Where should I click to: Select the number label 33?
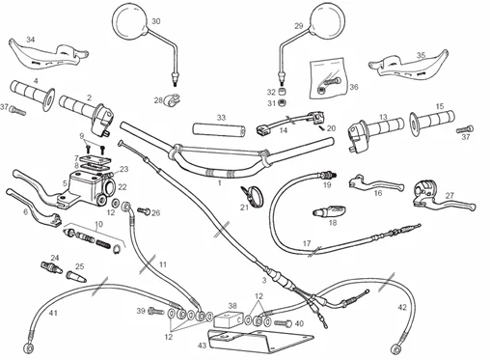coord(221,118)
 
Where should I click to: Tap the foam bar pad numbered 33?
coord(219,129)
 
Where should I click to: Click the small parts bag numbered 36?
coord(328,79)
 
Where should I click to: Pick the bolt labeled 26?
coord(144,210)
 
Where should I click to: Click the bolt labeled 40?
coord(284,322)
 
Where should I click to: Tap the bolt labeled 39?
coord(155,311)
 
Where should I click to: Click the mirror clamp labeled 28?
coord(171,99)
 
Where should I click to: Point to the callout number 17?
coord(307,244)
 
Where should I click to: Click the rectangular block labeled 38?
coord(229,319)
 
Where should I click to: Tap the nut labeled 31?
coord(282,103)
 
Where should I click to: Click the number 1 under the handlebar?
coord(220,183)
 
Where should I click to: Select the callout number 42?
coord(402,307)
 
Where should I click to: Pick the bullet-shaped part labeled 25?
coord(76,276)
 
